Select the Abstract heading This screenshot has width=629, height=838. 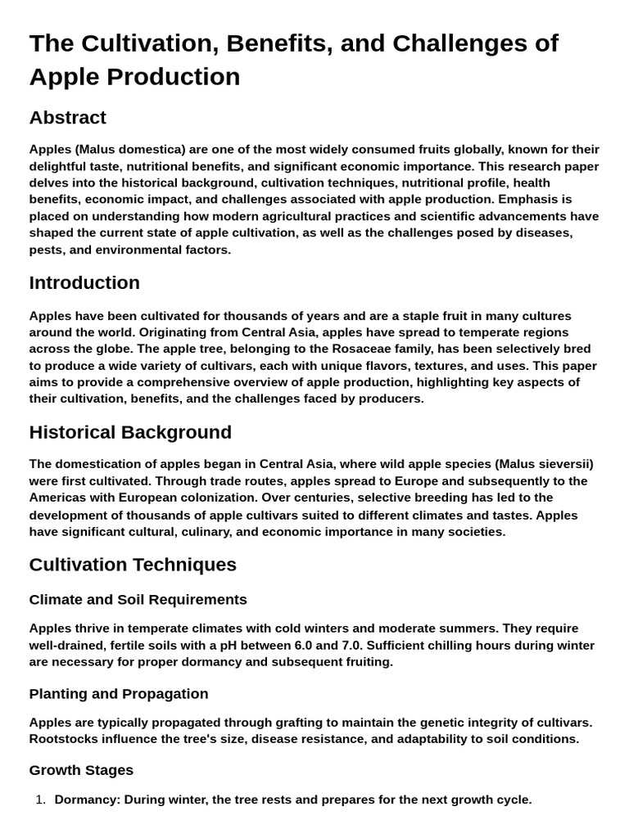click(67, 118)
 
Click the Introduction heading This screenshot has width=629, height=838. click(84, 283)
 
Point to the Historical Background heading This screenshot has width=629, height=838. click(130, 432)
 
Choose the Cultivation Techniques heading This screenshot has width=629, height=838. click(133, 565)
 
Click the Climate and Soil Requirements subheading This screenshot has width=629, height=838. click(138, 600)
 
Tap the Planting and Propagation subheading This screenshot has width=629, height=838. click(119, 694)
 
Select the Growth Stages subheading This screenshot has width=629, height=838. click(81, 770)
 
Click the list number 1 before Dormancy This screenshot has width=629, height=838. click(40, 800)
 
